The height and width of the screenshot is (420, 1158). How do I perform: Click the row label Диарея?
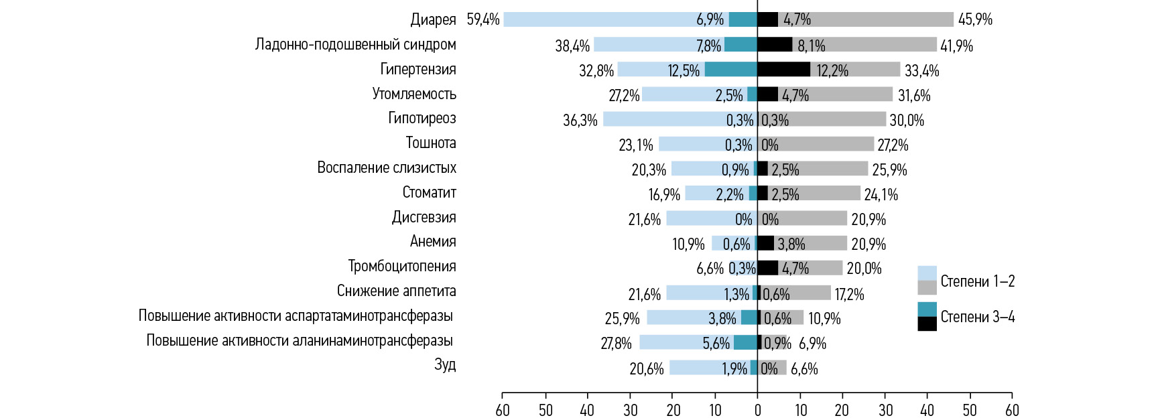click(433, 20)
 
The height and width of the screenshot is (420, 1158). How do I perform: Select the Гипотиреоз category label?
click(422, 119)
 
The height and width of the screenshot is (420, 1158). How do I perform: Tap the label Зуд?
click(445, 365)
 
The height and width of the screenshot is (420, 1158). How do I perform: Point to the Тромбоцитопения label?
click(401, 267)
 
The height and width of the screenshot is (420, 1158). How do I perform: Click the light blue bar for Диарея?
click(603, 19)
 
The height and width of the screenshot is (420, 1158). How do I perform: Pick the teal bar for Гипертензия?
click(730, 69)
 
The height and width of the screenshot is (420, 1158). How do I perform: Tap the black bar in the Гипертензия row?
click(783, 69)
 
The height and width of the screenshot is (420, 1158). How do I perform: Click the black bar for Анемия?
click(766, 242)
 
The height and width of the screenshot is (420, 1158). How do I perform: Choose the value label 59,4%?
click(483, 20)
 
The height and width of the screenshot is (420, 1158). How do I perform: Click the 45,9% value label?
click(975, 20)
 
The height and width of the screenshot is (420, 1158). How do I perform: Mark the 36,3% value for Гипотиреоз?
click(580, 121)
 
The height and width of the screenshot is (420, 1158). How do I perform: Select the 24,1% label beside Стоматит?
click(881, 195)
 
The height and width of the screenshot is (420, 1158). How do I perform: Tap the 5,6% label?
click(716, 344)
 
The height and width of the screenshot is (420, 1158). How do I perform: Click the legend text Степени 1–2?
click(977, 281)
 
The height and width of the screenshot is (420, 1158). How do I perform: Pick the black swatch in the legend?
click(927, 324)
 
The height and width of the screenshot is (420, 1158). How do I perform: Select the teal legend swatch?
click(927, 309)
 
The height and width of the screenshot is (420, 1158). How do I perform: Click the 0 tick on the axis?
click(757, 410)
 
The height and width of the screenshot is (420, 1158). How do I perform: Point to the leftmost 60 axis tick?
click(503, 410)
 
